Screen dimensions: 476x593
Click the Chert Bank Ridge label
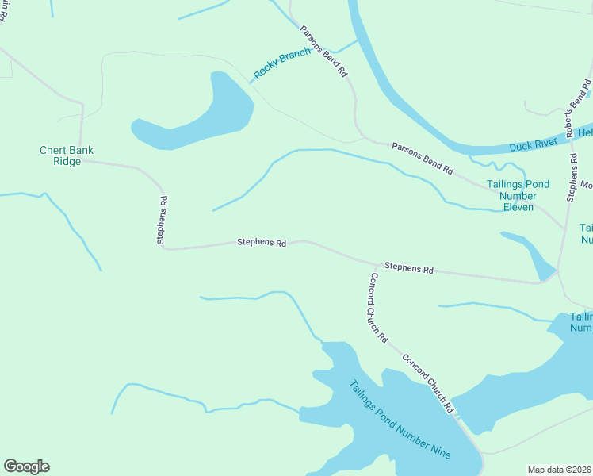67,155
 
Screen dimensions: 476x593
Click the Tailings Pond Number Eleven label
518,196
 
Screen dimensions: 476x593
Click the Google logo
26,466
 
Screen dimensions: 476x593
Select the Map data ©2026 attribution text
559,469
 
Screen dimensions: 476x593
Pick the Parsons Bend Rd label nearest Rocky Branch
323,51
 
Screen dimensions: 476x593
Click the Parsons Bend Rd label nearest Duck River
423,159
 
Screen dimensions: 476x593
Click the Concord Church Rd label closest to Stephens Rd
378,307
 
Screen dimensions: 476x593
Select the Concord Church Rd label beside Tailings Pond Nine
427,383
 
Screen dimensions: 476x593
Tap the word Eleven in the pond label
518,208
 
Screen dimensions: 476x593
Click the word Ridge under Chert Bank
67,161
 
